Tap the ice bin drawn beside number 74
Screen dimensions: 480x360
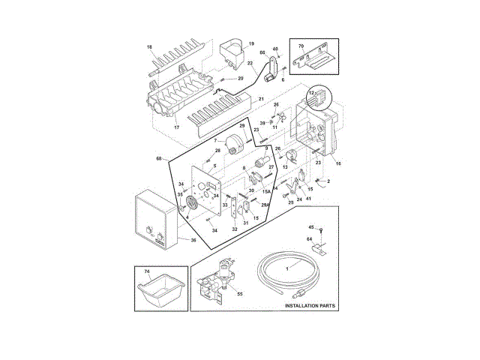pyautogui.click(x=159, y=289)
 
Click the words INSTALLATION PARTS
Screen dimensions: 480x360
pyautogui.click(x=309, y=307)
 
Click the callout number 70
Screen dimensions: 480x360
pyautogui.click(x=301, y=46)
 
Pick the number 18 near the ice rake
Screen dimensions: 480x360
pyautogui.click(x=149, y=47)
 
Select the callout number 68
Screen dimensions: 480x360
pyautogui.click(x=159, y=158)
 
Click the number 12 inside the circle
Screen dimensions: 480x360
pyautogui.click(x=311, y=92)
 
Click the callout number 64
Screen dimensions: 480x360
pyautogui.click(x=309, y=239)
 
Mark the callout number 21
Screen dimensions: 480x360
pyautogui.click(x=262, y=99)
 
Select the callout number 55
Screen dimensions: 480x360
pyautogui.click(x=240, y=295)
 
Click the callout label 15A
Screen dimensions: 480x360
pyautogui.click(x=266, y=191)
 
